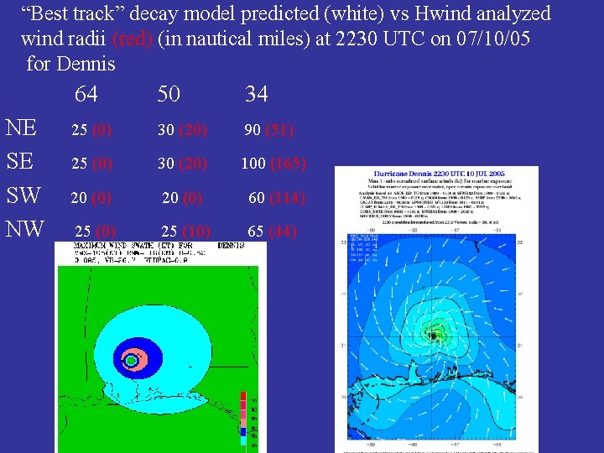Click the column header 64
click(x=86, y=94)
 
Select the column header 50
click(x=169, y=94)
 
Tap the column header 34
click(x=257, y=94)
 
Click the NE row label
click(x=21, y=128)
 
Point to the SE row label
click(x=21, y=162)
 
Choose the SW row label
click(x=23, y=195)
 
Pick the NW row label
click(x=24, y=228)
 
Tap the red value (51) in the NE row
click(x=279, y=130)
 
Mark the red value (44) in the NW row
click(x=283, y=232)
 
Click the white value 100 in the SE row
click(x=253, y=164)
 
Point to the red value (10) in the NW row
click(x=198, y=232)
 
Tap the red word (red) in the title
click(x=132, y=39)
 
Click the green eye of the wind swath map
click(x=130, y=361)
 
